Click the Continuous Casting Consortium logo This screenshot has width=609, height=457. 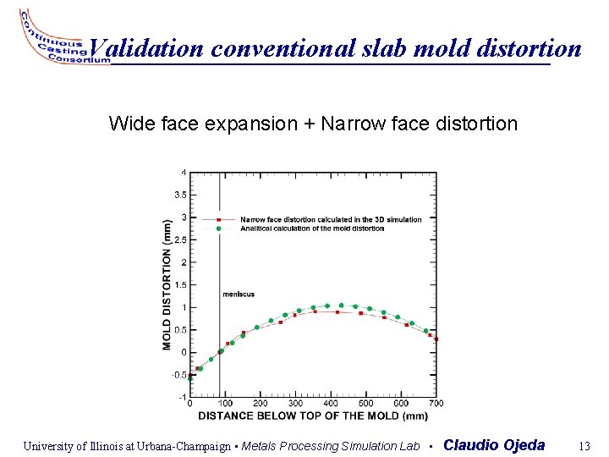[x=52, y=41]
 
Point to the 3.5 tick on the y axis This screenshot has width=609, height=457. [x=179, y=195]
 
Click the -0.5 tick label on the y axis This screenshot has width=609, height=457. [x=178, y=375]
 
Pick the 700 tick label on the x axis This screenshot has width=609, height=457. [x=436, y=404]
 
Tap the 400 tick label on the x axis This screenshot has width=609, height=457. [x=330, y=404]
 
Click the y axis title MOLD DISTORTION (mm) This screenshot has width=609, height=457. [x=167, y=284]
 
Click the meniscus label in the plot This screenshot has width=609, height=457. [x=238, y=295]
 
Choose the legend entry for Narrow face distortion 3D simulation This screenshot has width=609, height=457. [x=330, y=220]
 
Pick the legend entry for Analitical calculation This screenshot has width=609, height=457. [x=311, y=228]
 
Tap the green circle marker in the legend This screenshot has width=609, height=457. [x=219, y=228]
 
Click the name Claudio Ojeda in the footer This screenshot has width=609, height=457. [x=494, y=445]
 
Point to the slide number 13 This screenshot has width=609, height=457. [x=583, y=446]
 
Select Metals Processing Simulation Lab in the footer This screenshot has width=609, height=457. [x=331, y=446]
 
